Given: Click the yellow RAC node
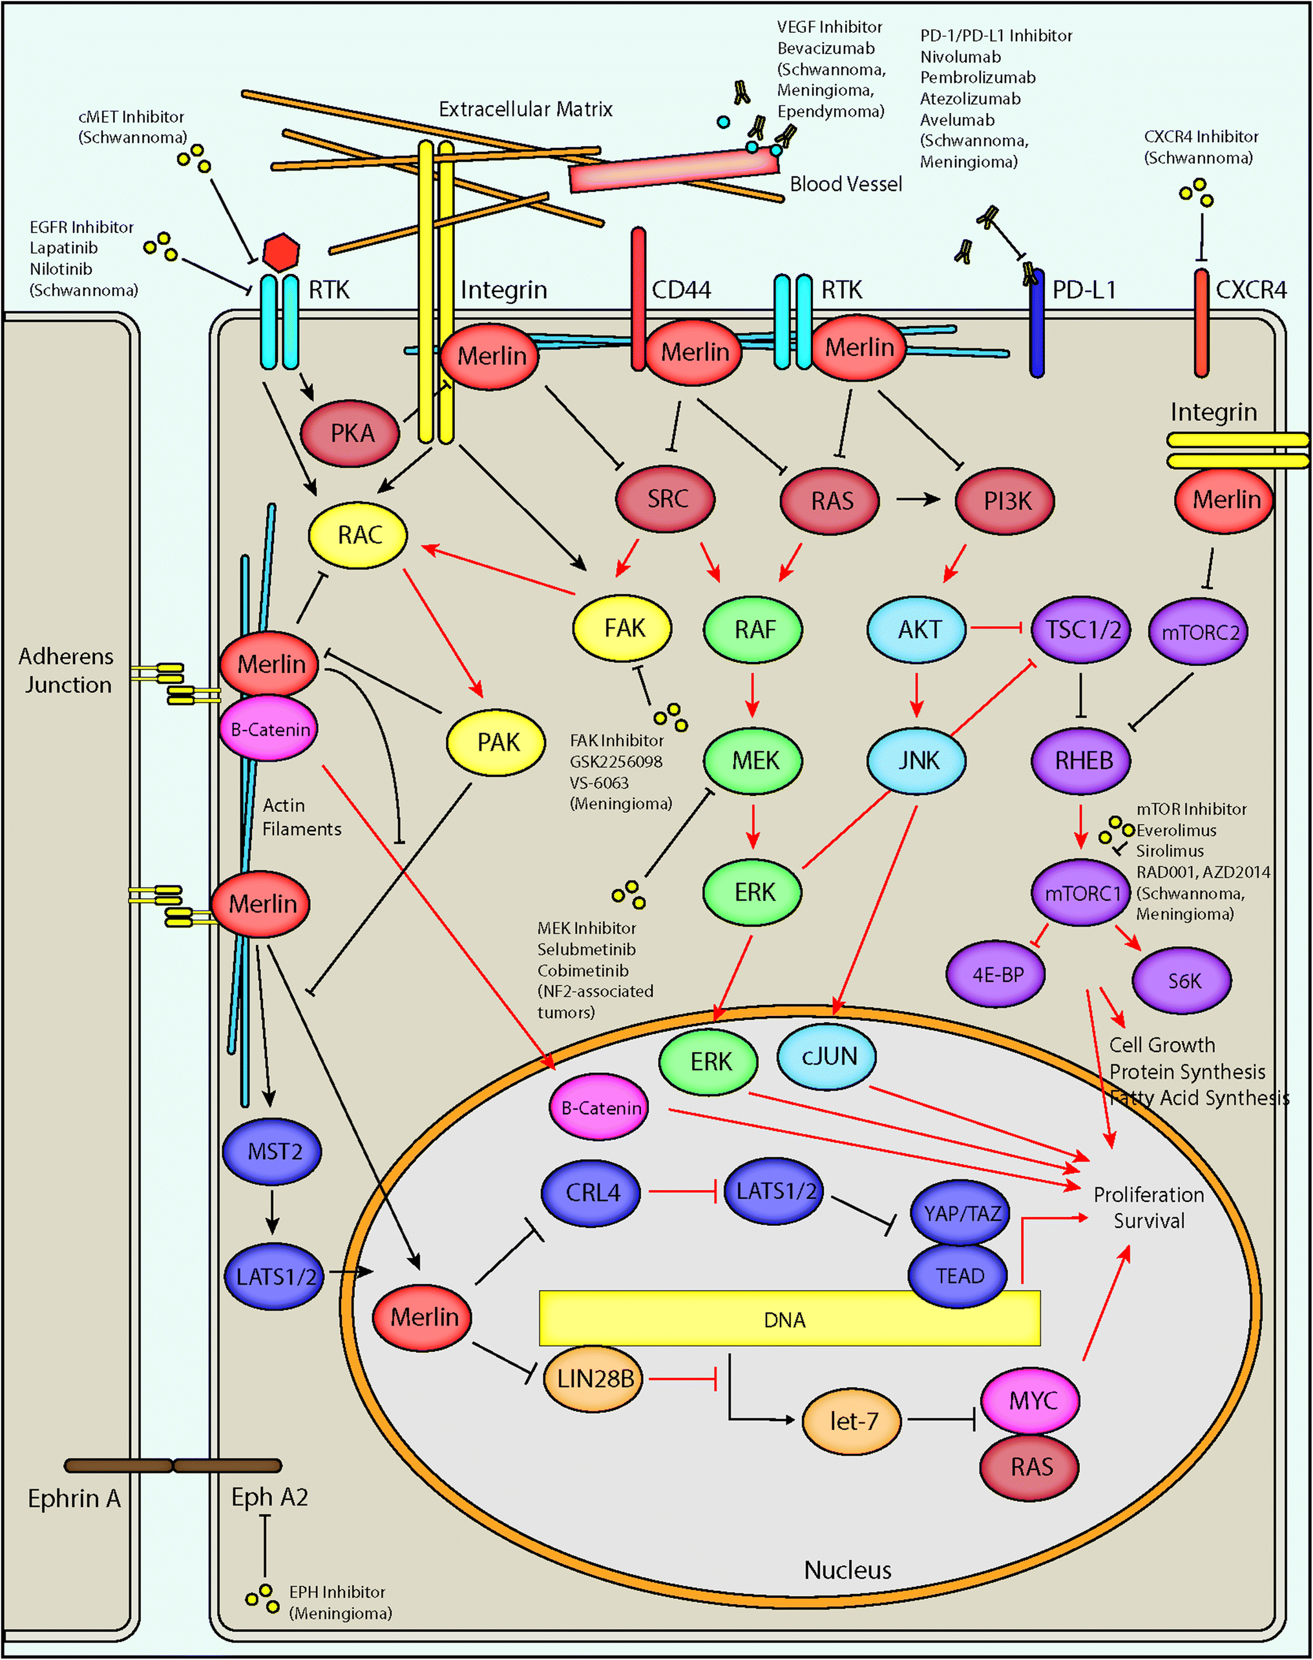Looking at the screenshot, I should point(358,535).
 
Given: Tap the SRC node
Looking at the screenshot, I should point(666,499).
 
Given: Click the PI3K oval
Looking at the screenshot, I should point(1005,501).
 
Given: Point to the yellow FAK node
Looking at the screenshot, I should point(623,628).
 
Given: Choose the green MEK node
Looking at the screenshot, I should point(753,760).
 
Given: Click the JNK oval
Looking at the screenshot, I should point(917,760).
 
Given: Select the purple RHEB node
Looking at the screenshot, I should point(1082,760).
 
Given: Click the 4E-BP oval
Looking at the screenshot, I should point(996,975).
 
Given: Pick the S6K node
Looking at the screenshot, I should point(1182,980).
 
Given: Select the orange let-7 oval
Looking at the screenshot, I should point(852,1420).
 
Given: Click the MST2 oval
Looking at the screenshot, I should point(273,1150).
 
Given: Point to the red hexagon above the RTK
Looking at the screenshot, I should point(280,251).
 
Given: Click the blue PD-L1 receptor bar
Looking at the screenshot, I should point(1037,323).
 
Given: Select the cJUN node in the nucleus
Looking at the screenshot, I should point(828,1056).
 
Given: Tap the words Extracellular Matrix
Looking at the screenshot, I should point(525,109).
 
